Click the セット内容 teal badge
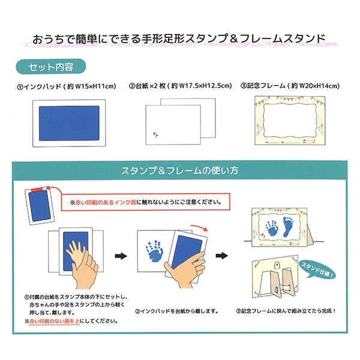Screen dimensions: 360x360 click(51, 67)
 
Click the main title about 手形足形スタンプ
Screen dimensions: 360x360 click(179, 38)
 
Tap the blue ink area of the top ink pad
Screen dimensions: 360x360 click(69, 123)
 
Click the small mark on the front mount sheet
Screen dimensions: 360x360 click(155, 135)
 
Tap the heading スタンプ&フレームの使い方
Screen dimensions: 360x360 click(179, 170)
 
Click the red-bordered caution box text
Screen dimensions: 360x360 click(146, 202)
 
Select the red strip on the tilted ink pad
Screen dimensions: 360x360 click(37, 189)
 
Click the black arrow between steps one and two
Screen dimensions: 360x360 click(121, 256)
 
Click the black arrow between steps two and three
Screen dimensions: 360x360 click(222, 256)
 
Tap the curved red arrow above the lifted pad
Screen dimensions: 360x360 click(199, 227)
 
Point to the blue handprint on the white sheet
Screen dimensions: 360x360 click(154, 251)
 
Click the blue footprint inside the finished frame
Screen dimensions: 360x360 click(288, 226)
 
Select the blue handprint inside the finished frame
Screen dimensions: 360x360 click(272, 228)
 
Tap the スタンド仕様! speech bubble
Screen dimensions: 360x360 click(317, 269)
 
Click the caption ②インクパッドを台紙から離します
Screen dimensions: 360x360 click(176, 311)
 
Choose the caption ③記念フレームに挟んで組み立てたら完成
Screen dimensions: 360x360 click(286, 311)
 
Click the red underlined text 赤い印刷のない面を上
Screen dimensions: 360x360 click(55, 321)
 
